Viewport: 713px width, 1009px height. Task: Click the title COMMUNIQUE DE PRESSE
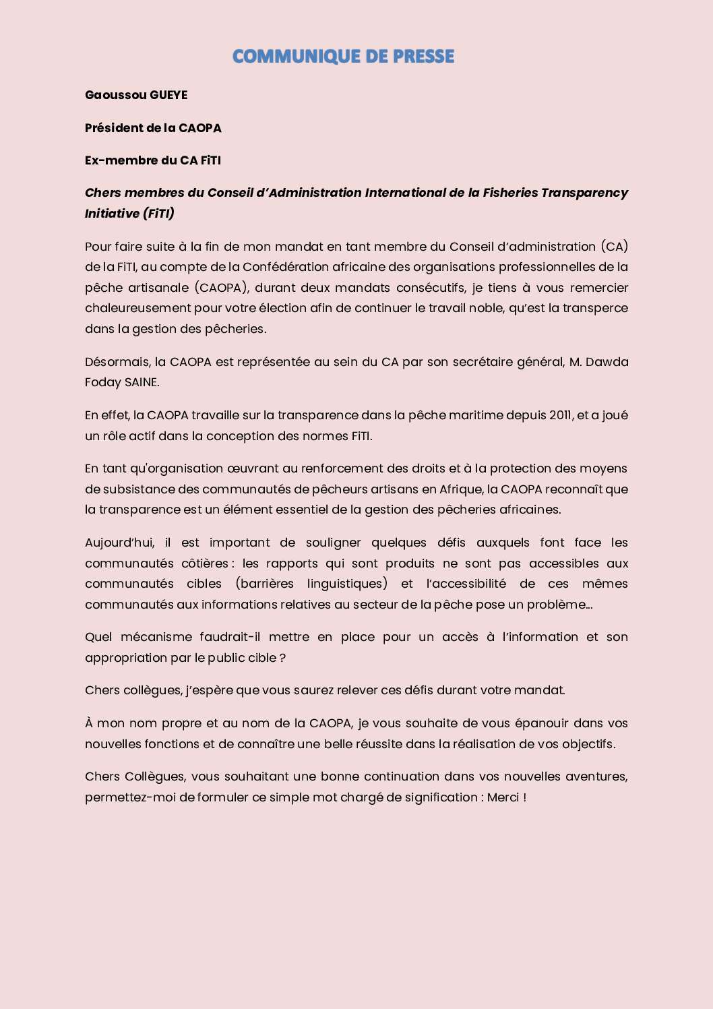pyautogui.click(x=343, y=57)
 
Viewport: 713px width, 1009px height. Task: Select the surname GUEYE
pyautogui.click(x=168, y=95)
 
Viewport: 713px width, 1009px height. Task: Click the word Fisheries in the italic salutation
pyautogui.click(x=510, y=193)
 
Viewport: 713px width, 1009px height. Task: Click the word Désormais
pyautogui.click(x=117, y=362)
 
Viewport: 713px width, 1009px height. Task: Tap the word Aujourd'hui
pyautogui.click(x=119, y=543)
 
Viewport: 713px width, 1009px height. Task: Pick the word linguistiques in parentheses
pyautogui.click(x=347, y=584)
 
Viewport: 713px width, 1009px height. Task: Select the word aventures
pyautogui.click(x=595, y=776)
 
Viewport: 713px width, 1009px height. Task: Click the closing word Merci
pyautogui.click(x=503, y=797)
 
